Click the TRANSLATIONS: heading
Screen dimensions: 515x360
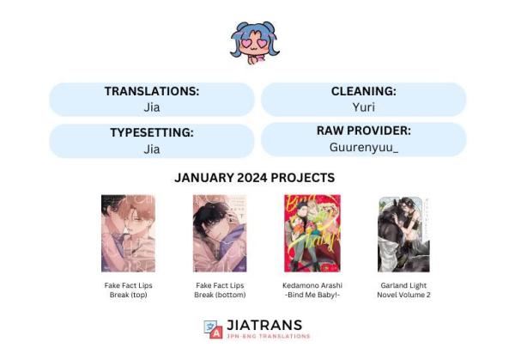click(x=152, y=91)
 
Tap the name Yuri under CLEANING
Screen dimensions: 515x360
click(x=364, y=107)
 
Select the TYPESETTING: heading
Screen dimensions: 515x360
click(x=152, y=132)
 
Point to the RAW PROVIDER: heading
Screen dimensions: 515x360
click(x=364, y=131)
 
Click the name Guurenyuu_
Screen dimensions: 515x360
click(x=364, y=147)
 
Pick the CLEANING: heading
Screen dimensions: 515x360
click(x=364, y=91)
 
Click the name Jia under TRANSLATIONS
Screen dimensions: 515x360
click(x=152, y=107)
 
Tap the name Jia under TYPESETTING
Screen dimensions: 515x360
click(x=152, y=149)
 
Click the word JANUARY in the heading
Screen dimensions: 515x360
click(x=204, y=178)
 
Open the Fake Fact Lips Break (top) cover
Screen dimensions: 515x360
click(x=128, y=234)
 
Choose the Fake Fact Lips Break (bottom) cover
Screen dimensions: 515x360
click(x=220, y=234)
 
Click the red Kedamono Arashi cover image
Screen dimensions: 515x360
click(x=312, y=234)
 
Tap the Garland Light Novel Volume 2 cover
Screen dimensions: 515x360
click(x=403, y=235)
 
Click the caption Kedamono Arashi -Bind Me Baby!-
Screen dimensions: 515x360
click(x=312, y=290)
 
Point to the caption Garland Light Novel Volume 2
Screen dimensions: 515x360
click(x=403, y=290)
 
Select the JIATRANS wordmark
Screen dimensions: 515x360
click(x=264, y=325)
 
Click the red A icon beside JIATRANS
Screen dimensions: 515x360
click(x=216, y=333)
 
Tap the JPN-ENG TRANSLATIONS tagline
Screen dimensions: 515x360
click(x=269, y=336)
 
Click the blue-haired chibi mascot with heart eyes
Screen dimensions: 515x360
click(x=254, y=43)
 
